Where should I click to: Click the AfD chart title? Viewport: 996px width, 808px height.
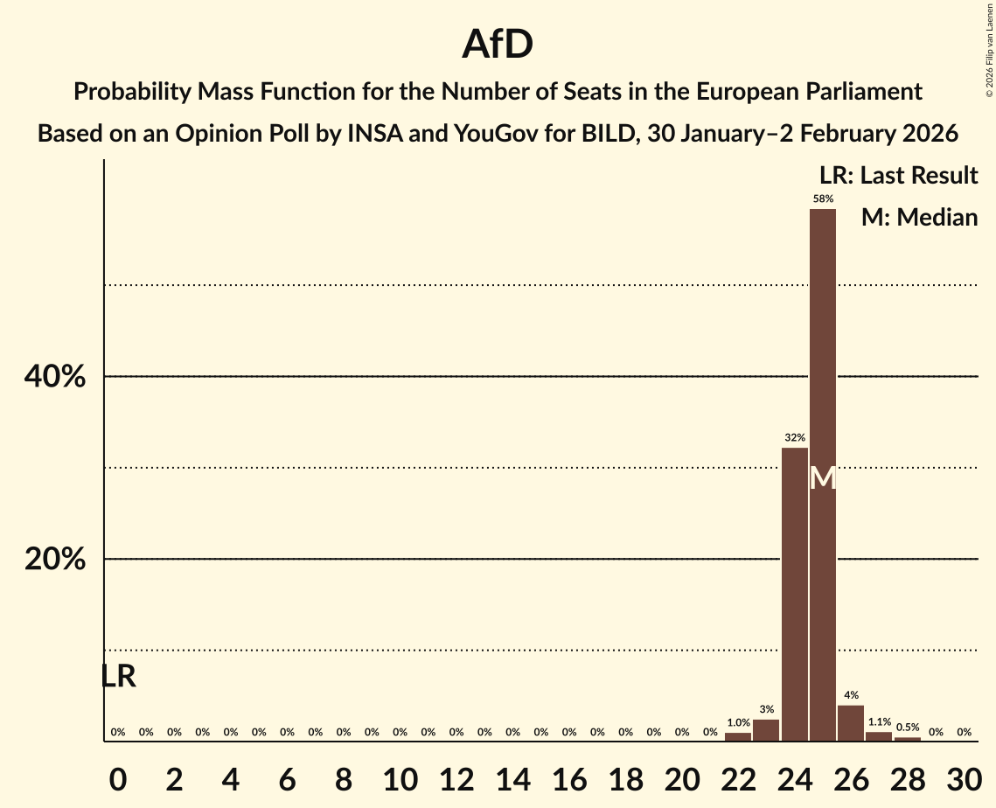pyautogui.click(x=498, y=45)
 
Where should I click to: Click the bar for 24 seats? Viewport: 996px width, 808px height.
pyautogui.click(x=795, y=594)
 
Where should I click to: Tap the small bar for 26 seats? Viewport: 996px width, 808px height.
pyautogui.click(x=851, y=723)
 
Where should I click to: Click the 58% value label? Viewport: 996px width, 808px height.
pyautogui.click(x=823, y=199)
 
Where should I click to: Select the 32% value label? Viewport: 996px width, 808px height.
pyautogui.click(x=795, y=437)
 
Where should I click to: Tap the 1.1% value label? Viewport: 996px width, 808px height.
pyautogui.click(x=879, y=721)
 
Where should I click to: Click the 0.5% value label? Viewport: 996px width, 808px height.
pyautogui.click(x=908, y=728)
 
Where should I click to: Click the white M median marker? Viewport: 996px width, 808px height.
pyautogui.click(x=823, y=478)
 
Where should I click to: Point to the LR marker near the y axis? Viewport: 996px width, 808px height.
pyautogui.click(x=118, y=676)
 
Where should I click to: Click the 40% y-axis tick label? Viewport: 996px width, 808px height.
pyautogui.click(x=54, y=377)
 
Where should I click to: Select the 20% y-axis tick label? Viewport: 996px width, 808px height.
pyautogui.click(x=54, y=560)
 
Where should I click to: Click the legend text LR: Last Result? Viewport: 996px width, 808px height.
pyautogui.click(x=898, y=176)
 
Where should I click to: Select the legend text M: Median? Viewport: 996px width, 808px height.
pyautogui.click(x=919, y=218)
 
